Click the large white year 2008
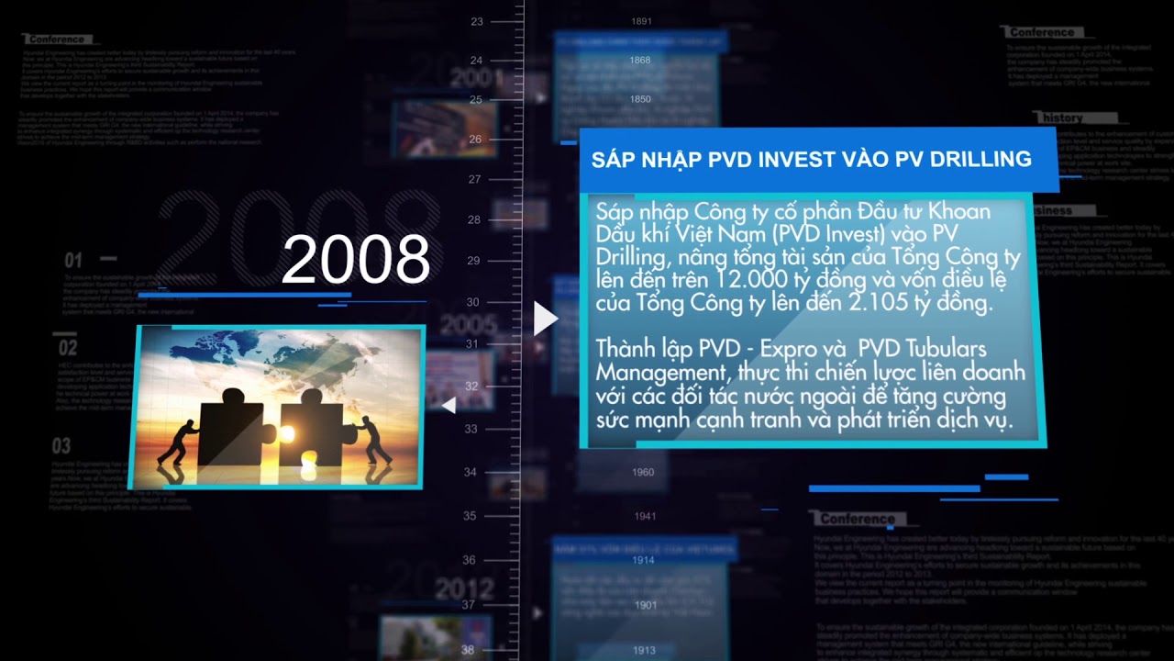(x=356, y=259)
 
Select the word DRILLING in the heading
(x=980, y=160)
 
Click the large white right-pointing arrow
(x=546, y=319)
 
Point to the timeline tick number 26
(x=474, y=140)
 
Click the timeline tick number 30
(x=472, y=302)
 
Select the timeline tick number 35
(x=470, y=516)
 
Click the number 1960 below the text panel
(x=643, y=473)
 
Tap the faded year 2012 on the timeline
(x=464, y=588)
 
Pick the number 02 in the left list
(x=68, y=349)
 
